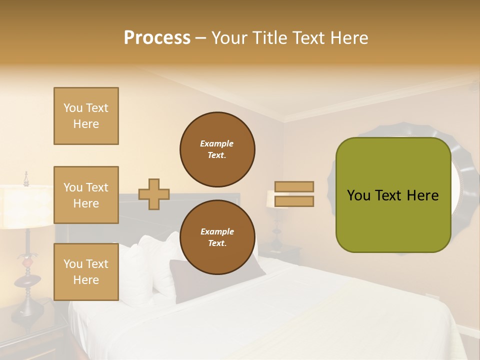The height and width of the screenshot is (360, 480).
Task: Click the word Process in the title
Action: pos(157,37)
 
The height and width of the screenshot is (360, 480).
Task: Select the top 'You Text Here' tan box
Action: pos(86,116)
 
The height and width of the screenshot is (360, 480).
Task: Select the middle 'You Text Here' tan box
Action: pos(86,195)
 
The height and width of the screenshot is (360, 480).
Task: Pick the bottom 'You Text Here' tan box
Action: pos(86,272)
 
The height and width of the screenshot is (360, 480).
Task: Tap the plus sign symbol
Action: pos(154,194)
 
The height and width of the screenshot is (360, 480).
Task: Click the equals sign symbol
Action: pos(294,194)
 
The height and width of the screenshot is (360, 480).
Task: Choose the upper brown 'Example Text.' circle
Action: pos(217,149)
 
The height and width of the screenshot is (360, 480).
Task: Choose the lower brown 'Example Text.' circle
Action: pos(217,237)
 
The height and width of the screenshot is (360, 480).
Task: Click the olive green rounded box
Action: pos(393,195)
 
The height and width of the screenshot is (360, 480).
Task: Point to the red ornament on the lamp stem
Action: pos(29,260)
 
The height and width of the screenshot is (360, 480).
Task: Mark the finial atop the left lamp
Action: pos(26,177)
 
